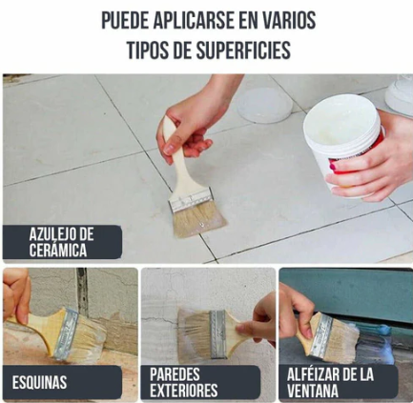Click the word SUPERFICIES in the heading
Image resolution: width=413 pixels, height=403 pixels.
[243, 50]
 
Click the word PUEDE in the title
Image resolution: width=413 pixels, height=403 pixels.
[125, 20]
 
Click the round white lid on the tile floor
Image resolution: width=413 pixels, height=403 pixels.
[264, 105]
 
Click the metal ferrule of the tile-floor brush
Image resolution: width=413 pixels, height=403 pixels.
[190, 200]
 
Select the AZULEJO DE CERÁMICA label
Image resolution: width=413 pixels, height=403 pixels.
[62, 242]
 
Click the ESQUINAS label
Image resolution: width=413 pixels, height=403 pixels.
[62, 382]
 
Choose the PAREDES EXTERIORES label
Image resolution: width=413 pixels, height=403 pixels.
[200, 382]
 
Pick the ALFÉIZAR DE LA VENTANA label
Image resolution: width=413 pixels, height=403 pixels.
[339, 382]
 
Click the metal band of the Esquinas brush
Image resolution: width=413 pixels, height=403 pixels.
[66, 333]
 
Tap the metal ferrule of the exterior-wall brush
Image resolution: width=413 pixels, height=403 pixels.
[218, 334]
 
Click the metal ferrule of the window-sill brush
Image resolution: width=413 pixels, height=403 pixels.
[321, 335]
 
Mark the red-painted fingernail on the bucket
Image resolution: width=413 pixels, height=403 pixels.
[333, 167]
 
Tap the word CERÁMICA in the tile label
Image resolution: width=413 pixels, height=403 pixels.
[58, 250]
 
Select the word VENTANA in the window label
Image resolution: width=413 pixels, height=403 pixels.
[313, 391]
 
